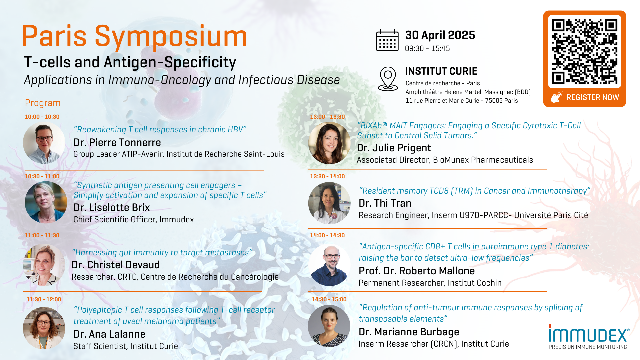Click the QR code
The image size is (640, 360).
585,51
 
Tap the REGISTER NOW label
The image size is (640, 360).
592,97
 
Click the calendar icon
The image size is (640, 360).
387,40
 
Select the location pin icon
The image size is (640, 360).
388,79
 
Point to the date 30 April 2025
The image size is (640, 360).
440,35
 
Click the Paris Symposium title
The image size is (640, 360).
134,37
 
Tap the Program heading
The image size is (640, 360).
43,103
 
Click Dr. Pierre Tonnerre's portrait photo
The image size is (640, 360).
44,143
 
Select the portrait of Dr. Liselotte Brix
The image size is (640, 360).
46,202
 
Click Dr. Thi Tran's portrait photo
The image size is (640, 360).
329,203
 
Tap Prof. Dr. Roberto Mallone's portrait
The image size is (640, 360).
329,265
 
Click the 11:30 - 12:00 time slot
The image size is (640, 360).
44,299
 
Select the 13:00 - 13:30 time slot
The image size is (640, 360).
327,117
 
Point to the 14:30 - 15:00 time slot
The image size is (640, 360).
329,299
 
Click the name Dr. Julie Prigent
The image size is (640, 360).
394,148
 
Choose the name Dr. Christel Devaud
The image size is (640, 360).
116,265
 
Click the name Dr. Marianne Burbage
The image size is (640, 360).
409,332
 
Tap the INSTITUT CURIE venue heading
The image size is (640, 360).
441,71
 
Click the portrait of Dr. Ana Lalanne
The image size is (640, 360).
44,328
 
